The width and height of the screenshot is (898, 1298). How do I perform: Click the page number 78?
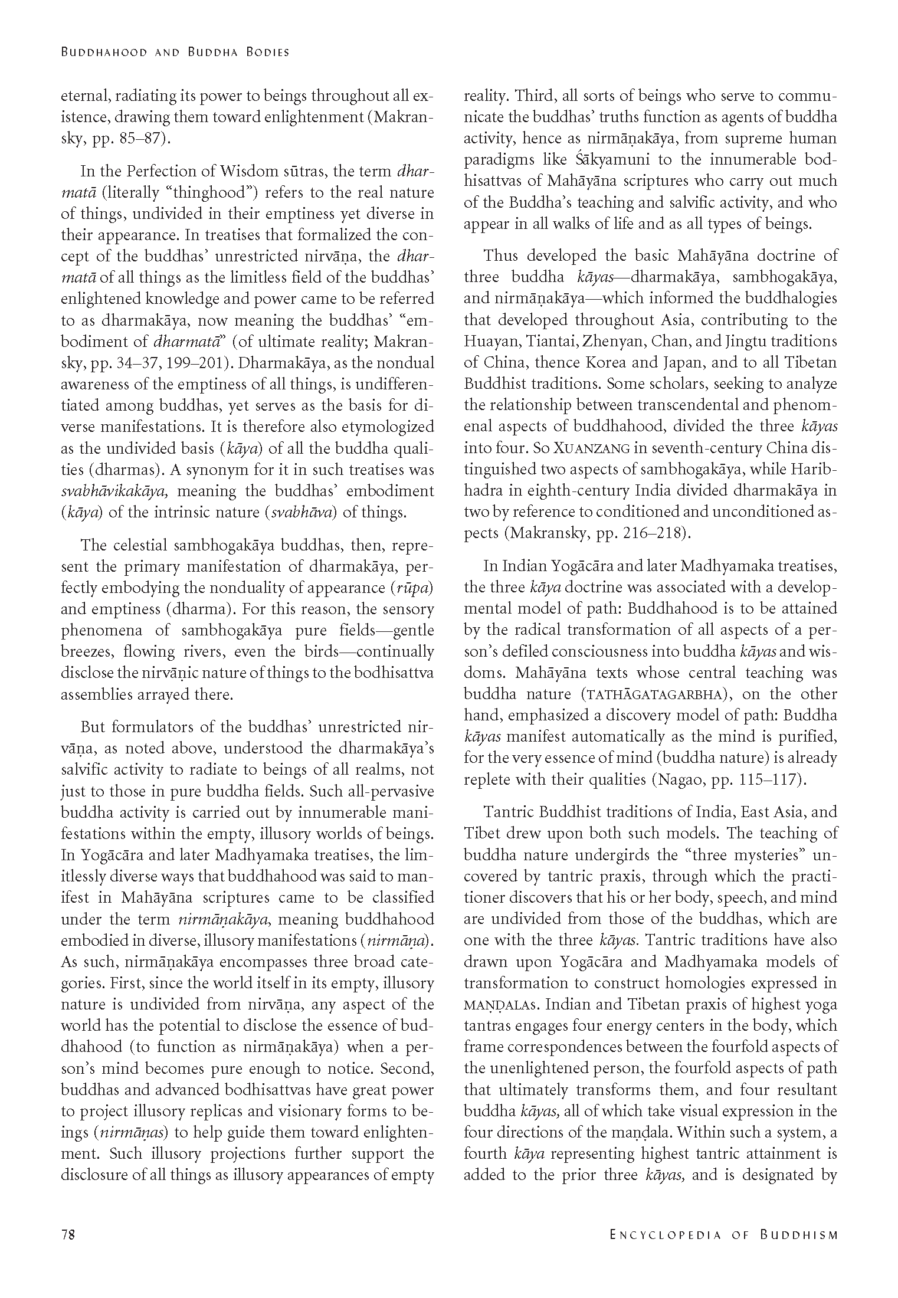(x=68, y=1241)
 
